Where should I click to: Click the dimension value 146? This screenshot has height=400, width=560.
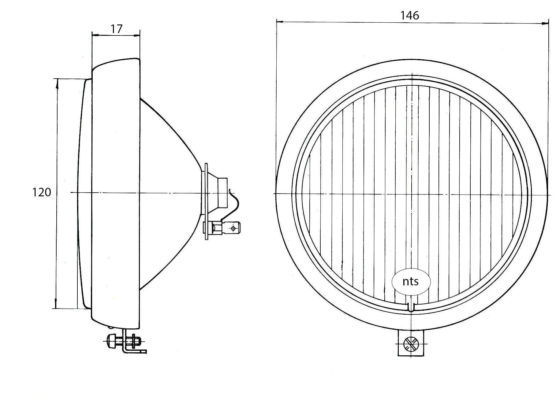pyautogui.click(x=410, y=15)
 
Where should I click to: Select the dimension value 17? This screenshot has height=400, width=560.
pyautogui.click(x=116, y=29)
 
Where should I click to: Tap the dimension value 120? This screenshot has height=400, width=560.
pyautogui.click(x=42, y=192)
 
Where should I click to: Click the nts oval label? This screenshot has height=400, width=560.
pyautogui.click(x=411, y=282)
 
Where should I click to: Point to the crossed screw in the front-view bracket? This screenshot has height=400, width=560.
pyautogui.click(x=411, y=344)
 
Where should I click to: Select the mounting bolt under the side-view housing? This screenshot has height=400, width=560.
pyautogui.click(x=124, y=342)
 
